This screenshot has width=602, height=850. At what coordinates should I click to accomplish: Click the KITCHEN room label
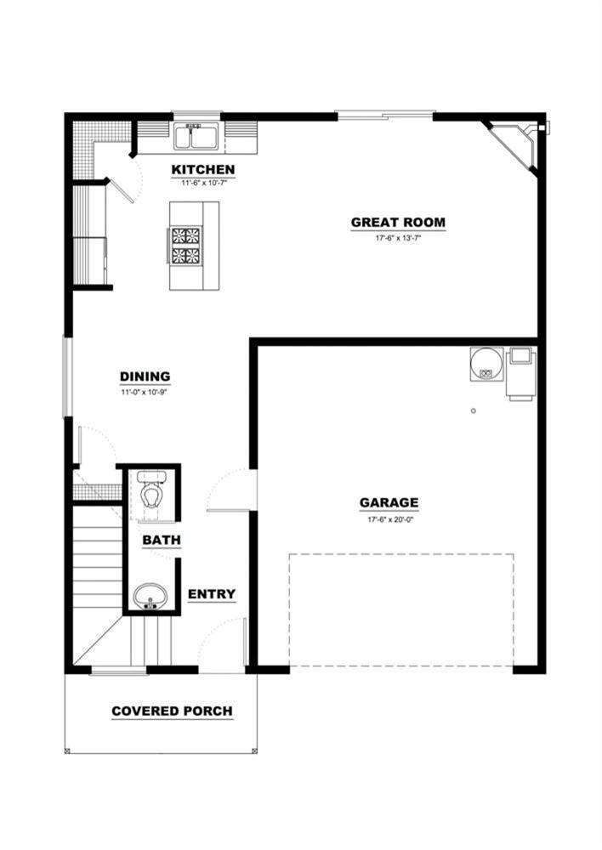point(203,170)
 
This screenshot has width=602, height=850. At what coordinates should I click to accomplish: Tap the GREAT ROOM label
point(398,224)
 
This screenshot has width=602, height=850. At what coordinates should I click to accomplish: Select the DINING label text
point(145,377)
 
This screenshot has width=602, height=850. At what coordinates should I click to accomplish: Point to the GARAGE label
point(389,502)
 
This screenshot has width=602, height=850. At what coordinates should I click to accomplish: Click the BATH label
point(161,540)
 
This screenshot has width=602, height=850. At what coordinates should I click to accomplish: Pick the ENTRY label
point(212,594)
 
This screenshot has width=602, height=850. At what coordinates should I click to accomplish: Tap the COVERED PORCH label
point(172,711)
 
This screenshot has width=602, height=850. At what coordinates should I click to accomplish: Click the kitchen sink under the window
point(197,137)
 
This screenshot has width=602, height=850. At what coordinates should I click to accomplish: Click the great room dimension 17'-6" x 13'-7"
point(398,239)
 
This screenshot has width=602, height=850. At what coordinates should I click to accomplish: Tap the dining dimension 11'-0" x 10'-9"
point(144,393)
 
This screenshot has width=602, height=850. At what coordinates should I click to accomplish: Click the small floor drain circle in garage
point(474,411)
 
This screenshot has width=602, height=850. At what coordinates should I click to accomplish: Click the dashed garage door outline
point(400,555)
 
